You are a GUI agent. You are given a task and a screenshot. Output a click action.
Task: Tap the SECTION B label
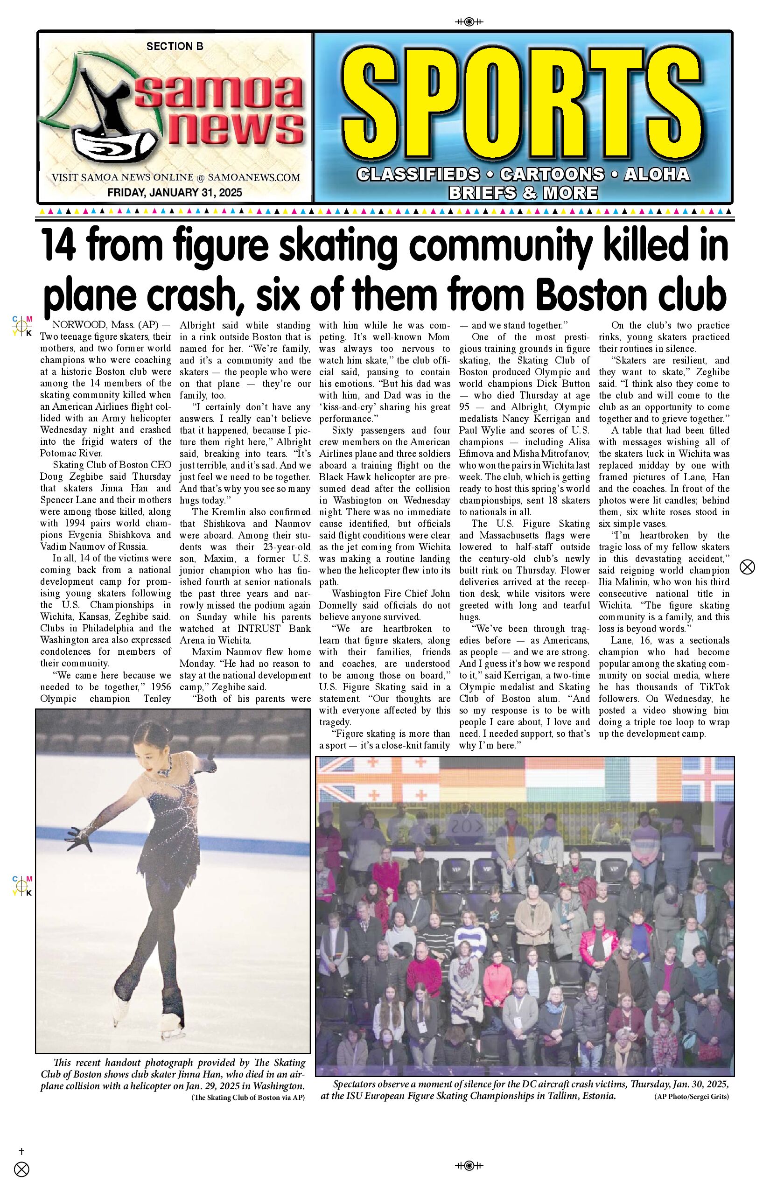tap(175, 47)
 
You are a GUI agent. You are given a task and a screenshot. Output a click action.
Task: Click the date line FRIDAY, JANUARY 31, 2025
tap(175, 192)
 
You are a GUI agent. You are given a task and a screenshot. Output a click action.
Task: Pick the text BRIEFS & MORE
tap(523, 192)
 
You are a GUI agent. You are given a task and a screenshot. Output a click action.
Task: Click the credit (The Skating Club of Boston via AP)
tap(247, 1097)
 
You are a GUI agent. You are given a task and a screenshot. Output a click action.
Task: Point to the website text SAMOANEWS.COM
tap(253, 177)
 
